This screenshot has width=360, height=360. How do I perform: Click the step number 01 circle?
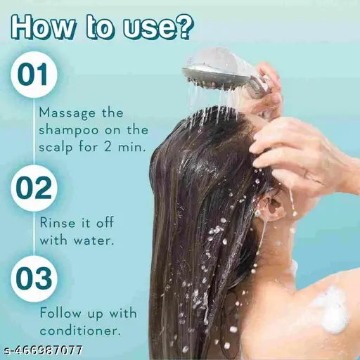(33, 75)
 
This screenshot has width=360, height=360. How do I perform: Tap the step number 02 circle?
(33, 188)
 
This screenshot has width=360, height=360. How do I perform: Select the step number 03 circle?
(33, 281)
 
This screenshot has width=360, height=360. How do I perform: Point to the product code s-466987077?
(42, 349)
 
